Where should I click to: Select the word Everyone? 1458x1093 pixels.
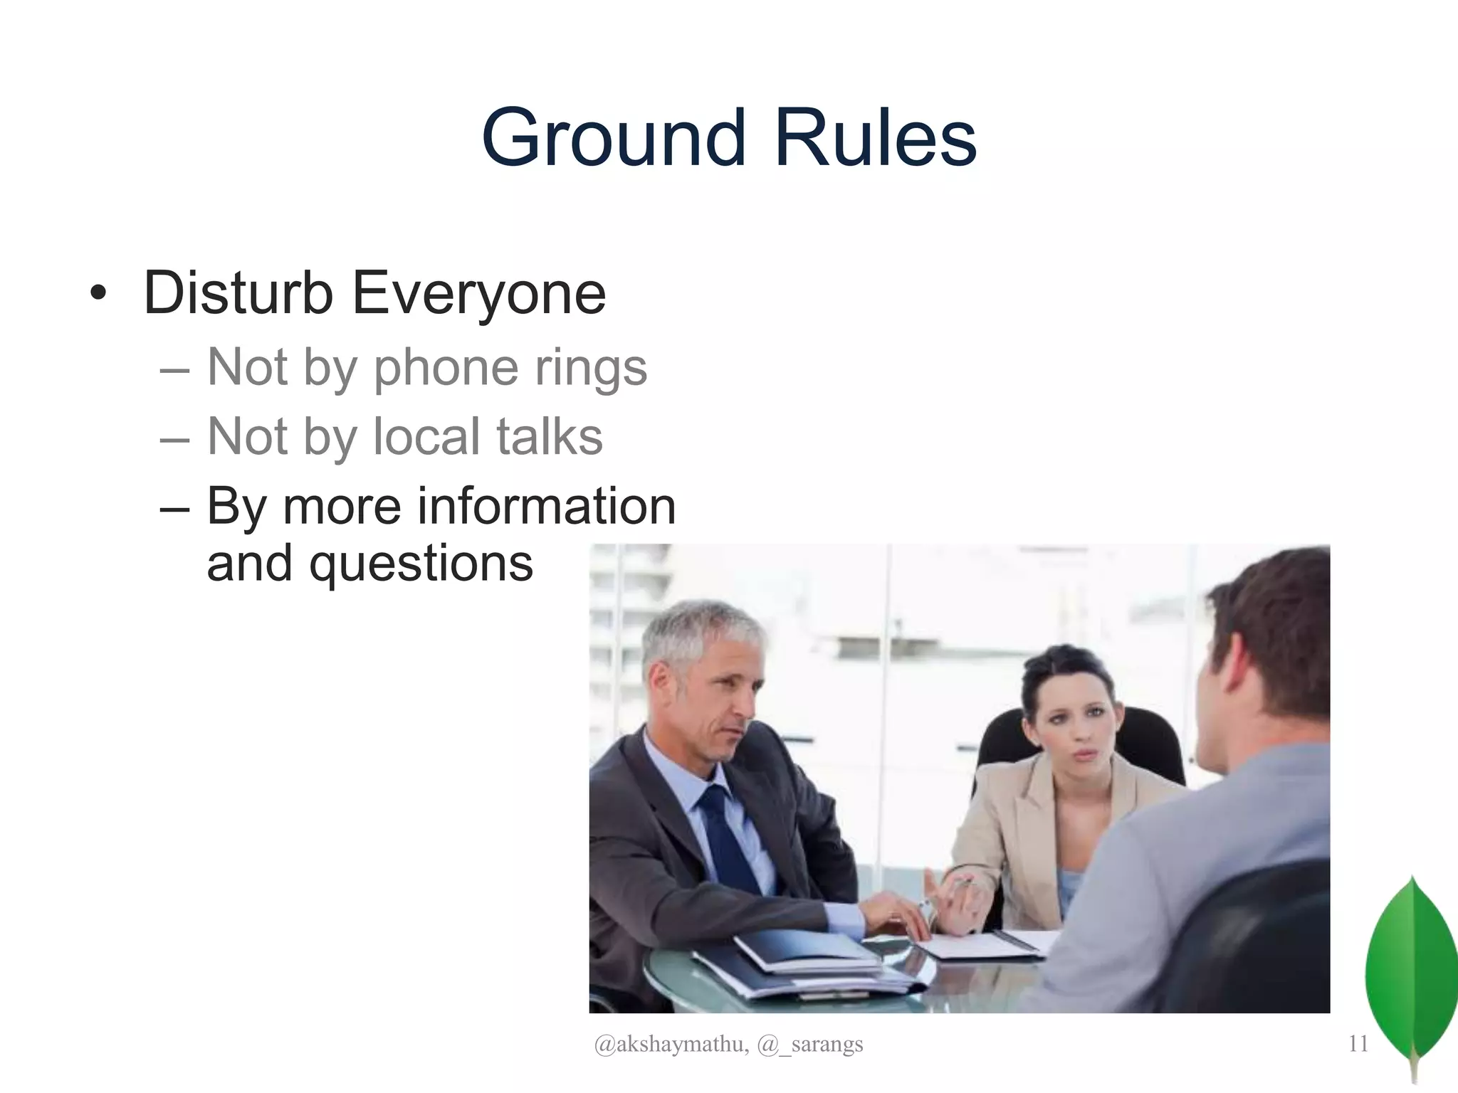coord(478,294)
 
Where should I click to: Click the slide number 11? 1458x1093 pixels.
coord(1358,1043)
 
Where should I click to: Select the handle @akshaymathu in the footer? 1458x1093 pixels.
coord(671,1044)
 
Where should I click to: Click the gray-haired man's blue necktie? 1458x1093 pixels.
coord(726,840)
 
